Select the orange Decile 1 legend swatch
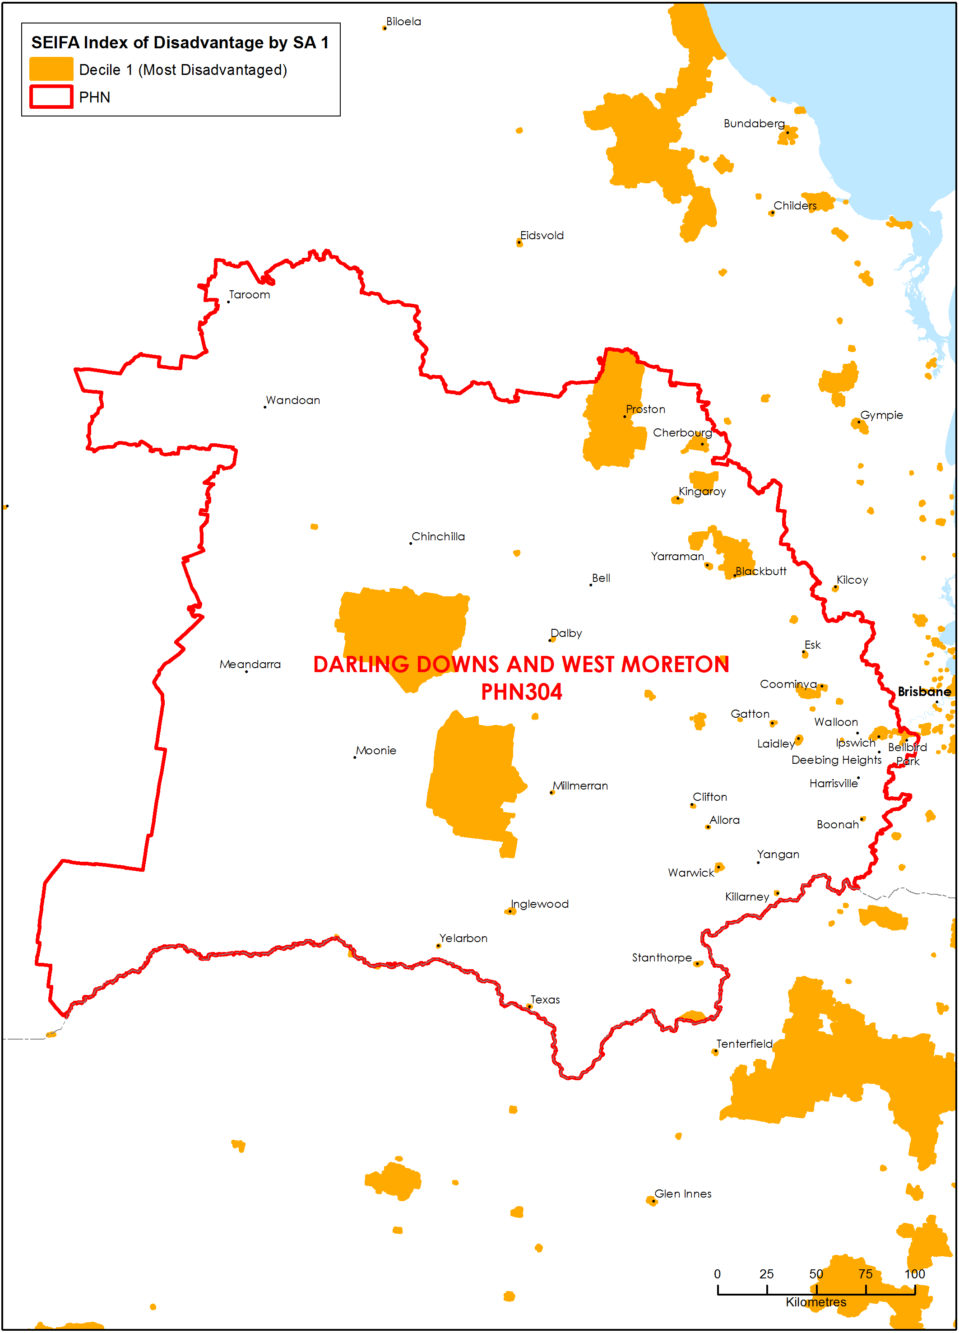pos(51,70)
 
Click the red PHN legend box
pos(51,97)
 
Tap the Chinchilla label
pos(438,537)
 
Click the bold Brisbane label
pos(923,692)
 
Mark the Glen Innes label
pos(682,1194)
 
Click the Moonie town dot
pos(354,757)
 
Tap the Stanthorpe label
pos(662,957)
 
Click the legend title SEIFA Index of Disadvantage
pos(180,42)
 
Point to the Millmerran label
pos(580,786)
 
